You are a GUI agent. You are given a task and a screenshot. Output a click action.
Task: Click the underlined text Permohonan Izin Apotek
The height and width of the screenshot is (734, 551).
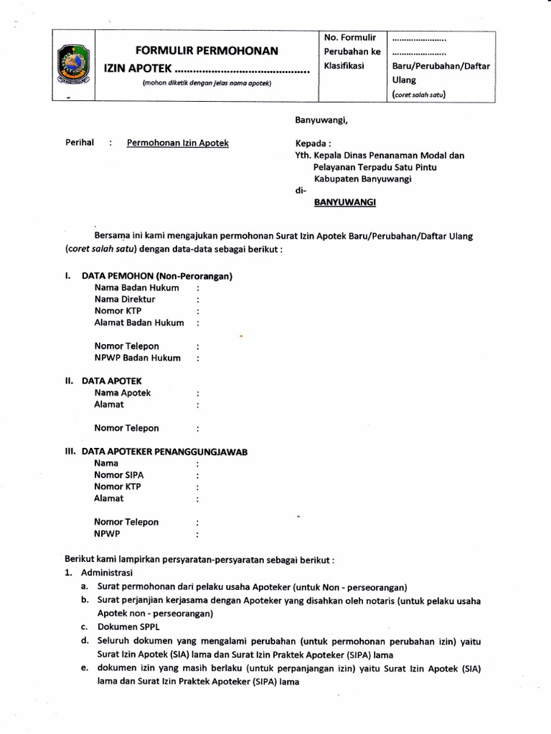(178, 143)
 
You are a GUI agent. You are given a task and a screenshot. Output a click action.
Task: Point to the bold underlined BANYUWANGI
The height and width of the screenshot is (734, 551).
(346, 203)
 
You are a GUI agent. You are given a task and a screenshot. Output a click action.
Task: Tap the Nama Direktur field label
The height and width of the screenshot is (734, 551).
(125, 299)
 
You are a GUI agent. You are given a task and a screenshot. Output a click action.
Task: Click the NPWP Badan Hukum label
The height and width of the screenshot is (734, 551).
(137, 358)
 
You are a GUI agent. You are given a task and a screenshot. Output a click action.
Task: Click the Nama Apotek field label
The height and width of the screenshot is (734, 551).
(123, 393)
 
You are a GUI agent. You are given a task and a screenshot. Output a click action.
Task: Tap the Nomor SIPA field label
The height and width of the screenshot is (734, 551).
(119, 475)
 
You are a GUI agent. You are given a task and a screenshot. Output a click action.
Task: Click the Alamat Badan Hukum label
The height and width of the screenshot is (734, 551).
(139, 323)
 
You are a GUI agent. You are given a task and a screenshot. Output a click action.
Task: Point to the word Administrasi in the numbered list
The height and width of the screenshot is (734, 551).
(107, 573)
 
